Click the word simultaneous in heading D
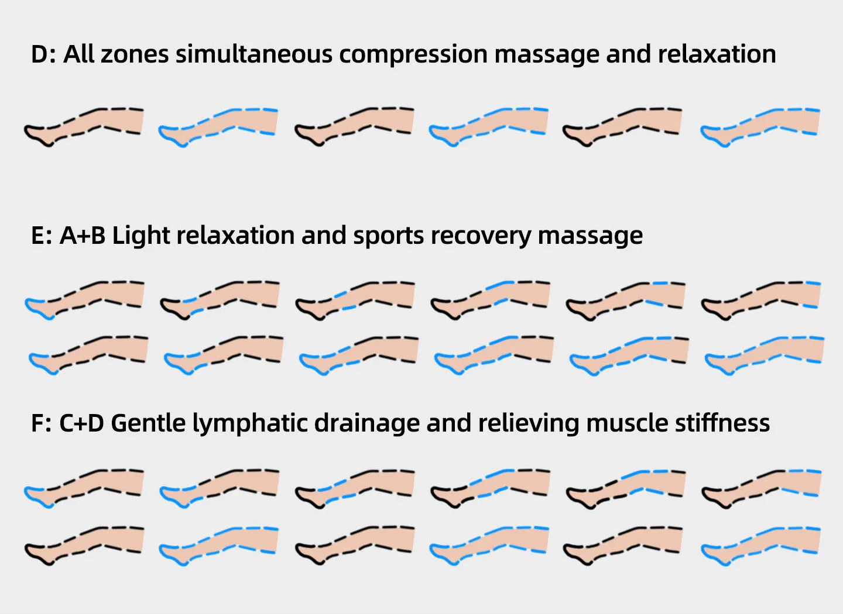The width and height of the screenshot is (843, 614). click(256, 54)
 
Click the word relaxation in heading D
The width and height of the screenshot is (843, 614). click(717, 54)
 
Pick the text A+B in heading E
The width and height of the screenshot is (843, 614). click(83, 236)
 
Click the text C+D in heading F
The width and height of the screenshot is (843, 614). click(81, 423)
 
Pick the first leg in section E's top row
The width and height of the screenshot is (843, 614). click(84, 298)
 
